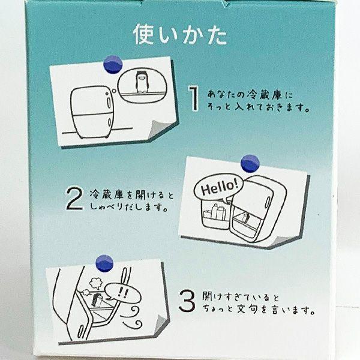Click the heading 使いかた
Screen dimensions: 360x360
[x=180, y=34]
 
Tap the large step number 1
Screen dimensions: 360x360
[x=194, y=98]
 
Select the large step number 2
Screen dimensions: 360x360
[x=74, y=199]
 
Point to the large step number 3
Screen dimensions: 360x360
[x=187, y=301]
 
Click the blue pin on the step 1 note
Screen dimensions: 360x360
[x=113, y=64]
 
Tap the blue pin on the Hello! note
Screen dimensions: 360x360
[x=250, y=163]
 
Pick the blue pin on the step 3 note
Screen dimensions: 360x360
[x=104, y=263]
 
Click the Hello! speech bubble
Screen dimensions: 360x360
[x=218, y=187]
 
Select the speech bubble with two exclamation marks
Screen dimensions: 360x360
[x=123, y=292]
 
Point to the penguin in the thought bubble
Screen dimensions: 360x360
[x=140, y=82]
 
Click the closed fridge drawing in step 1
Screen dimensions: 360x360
[x=91, y=112]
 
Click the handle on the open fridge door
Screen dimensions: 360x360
[x=267, y=203]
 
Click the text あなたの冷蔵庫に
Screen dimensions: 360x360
[x=250, y=94]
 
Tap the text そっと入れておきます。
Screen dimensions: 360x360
[x=258, y=107]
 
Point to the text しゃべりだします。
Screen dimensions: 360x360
[x=128, y=206]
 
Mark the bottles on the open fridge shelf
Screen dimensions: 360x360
[x=214, y=211]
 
